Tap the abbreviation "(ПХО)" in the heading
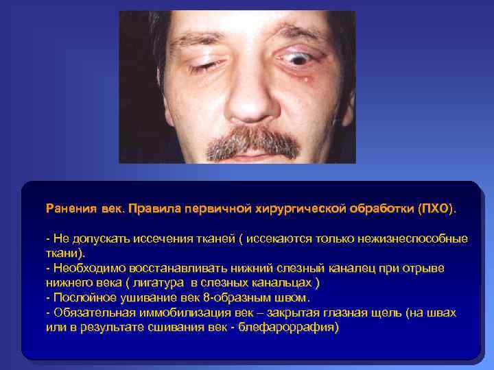pyautogui.click(x=436, y=207)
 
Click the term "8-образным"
pyautogui.click(x=248, y=298)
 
